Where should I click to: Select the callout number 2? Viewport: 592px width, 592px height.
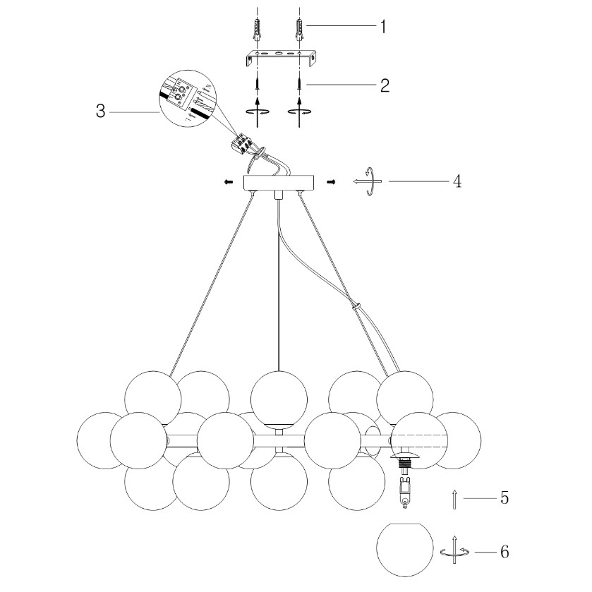click(385, 85)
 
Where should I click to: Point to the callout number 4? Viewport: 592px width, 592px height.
click(457, 181)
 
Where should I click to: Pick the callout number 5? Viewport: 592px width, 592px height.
click(504, 498)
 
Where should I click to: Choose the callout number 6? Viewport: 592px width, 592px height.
click(504, 551)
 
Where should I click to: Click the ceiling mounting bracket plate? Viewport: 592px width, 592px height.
click(280, 56)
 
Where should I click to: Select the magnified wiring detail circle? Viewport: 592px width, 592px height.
click(186, 99)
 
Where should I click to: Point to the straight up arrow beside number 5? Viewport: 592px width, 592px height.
click(456, 499)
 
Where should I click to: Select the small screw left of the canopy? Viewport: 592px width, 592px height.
click(228, 182)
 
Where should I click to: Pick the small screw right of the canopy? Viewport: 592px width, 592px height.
click(330, 182)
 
